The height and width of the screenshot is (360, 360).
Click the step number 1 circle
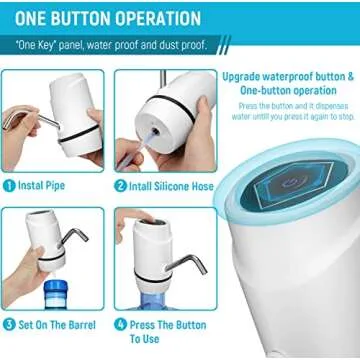pyautogui.click(x=9, y=185)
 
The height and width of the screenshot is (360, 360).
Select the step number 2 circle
pyautogui.click(x=120, y=185)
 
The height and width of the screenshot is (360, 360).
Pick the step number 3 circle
pyautogui.click(x=9, y=324)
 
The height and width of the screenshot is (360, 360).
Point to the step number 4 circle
pyautogui.click(x=120, y=324)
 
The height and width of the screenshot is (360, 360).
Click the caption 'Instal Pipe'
pyautogui.click(x=44, y=185)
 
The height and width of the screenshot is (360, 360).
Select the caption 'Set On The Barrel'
pyautogui.click(x=54, y=324)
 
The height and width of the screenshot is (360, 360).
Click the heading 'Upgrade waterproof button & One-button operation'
pyautogui.click(x=286, y=83)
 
